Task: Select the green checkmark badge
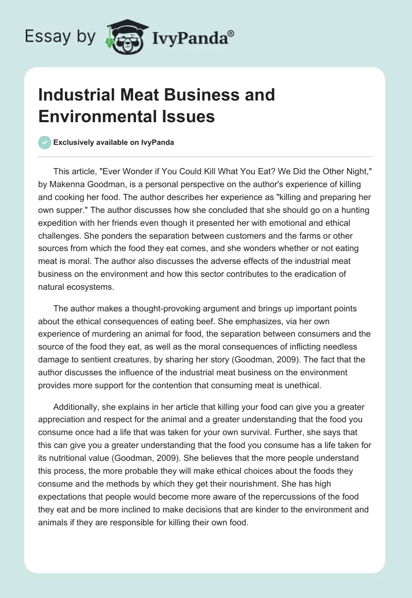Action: click(x=45, y=142)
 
